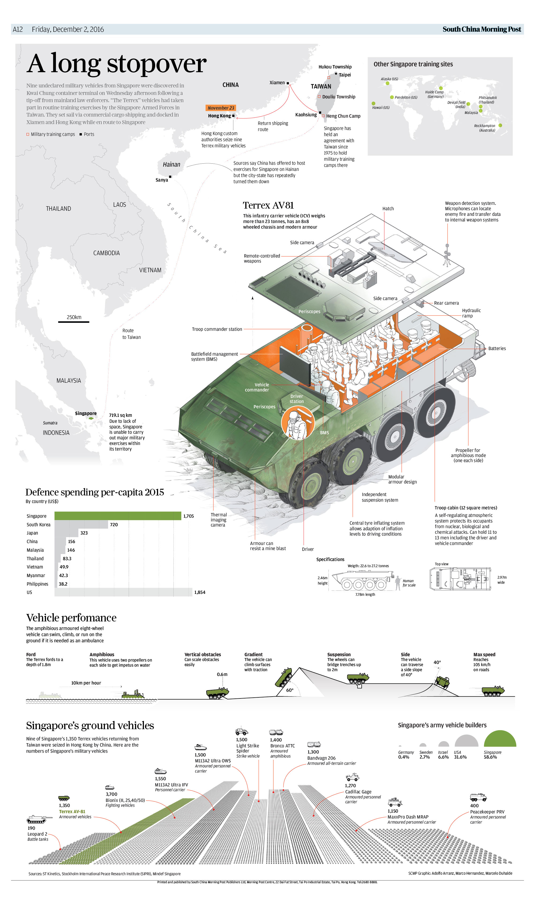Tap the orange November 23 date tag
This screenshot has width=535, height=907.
point(221,108)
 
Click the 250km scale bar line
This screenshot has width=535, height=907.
point(74,321)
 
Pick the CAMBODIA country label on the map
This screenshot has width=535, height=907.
point(106,253)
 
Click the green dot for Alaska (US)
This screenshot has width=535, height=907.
point(388,83)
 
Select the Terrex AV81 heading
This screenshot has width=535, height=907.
point(268,205)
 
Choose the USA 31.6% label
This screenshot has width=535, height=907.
point(460,755)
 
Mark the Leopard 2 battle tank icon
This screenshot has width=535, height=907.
point(36,820)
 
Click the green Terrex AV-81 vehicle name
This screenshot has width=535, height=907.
point(72,812)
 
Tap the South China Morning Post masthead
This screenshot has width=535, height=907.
point(482,29)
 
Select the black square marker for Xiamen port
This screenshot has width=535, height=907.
point(288,83)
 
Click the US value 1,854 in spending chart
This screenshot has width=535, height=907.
point(200,592)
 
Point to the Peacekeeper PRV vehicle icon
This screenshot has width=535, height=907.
point(478,797)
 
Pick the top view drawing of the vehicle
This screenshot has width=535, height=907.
point(460,578)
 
